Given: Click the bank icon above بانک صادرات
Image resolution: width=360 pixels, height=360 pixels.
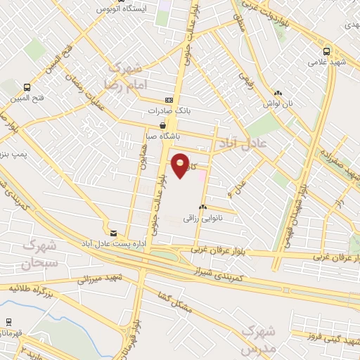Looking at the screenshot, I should pos(168,100).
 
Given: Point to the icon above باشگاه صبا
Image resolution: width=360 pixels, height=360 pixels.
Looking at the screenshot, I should pos(162,125).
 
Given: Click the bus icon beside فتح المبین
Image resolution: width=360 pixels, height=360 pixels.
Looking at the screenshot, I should pos(26,88).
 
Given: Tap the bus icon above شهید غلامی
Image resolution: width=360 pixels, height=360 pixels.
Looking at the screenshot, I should pos(326,51).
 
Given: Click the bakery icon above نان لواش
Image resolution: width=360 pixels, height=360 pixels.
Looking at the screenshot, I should pos(278,92).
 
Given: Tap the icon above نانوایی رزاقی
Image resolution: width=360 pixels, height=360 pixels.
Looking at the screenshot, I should pos(202,207).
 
